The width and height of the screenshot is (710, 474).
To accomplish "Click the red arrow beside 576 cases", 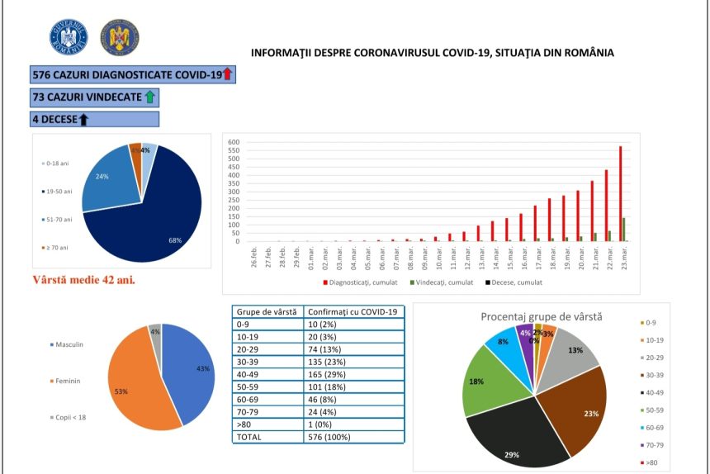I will click(228, 74).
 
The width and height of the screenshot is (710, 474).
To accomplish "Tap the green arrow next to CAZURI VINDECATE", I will click(149, 97).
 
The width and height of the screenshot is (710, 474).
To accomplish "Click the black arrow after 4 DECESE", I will click(83, 119).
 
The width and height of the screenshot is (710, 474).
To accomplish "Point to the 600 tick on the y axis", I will click(234, 142).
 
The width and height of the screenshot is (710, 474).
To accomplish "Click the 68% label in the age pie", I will click(175, 240).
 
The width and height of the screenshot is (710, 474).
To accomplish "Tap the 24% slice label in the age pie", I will click(102, 177).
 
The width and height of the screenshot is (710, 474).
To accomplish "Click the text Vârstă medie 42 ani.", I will click(83, 279).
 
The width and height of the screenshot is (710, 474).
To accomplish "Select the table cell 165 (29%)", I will click(327, 374).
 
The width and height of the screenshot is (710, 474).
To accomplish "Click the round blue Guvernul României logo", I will click(69, 37).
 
